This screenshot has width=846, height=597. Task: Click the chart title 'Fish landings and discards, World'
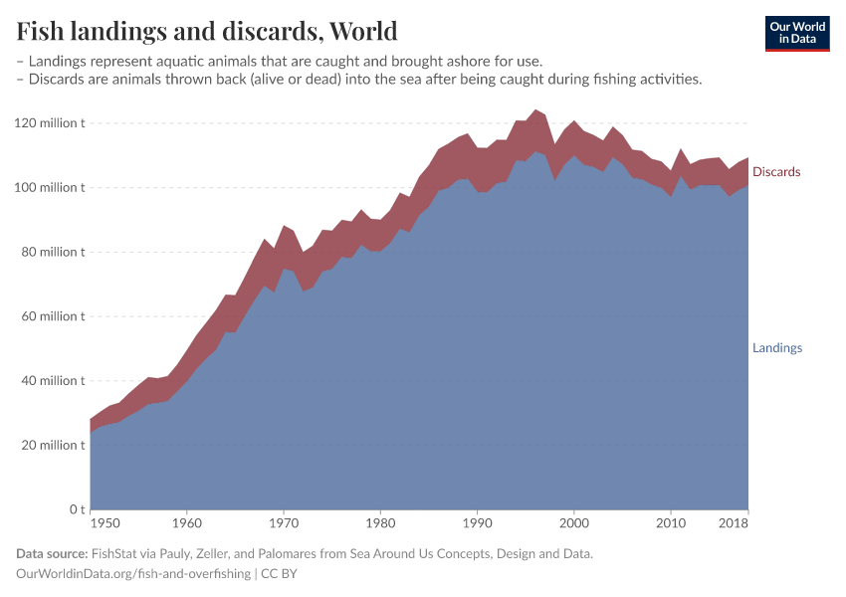click(207, 31)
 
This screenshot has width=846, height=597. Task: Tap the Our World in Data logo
click(796, 33)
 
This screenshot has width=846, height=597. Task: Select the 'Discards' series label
click(776, 172)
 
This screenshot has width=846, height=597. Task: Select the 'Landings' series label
click(776, 348)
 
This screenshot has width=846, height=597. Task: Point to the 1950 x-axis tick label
click(103, 522)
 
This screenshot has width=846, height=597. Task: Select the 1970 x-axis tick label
click(284, 522)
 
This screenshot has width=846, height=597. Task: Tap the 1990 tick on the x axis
click(477, 522)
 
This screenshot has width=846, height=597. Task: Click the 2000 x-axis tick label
click(573, 522)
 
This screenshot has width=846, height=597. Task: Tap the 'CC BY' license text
click(280, 574)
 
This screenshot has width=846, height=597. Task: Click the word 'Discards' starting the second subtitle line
click(56, 80)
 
